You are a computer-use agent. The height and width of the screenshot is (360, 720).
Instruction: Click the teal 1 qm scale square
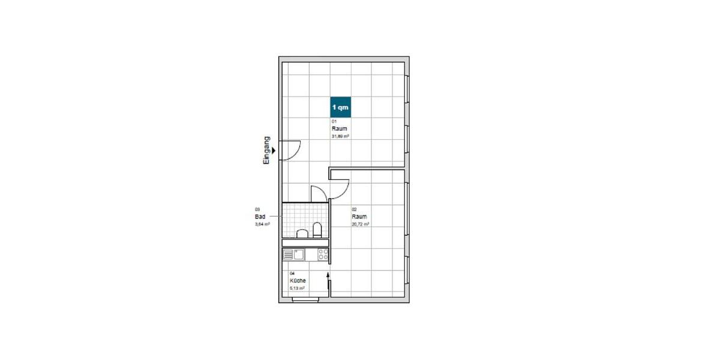click(340, 107)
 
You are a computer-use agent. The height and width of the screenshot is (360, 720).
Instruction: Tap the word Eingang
click(267, 150)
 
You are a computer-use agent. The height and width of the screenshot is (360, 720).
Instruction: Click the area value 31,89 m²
click(340, 136)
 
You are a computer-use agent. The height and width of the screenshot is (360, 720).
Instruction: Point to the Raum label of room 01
click(339, 128)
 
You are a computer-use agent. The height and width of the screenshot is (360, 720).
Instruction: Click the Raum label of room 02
click(359, 217)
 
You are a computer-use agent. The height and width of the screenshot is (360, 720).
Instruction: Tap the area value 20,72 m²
click(360, 224)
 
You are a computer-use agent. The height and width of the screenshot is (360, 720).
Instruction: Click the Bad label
click(260, 217)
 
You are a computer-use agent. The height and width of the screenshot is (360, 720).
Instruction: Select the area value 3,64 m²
click(262, 224)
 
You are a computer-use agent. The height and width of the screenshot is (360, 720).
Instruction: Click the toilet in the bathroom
click(317, 230)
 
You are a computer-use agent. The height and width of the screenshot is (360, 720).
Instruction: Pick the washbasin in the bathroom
click(303, 234)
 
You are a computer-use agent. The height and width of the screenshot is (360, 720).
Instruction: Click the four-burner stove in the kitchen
click(323, 254)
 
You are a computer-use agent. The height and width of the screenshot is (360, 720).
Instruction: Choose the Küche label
click(298, 281)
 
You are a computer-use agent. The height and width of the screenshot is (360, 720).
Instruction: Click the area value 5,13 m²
click(297, 288)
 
